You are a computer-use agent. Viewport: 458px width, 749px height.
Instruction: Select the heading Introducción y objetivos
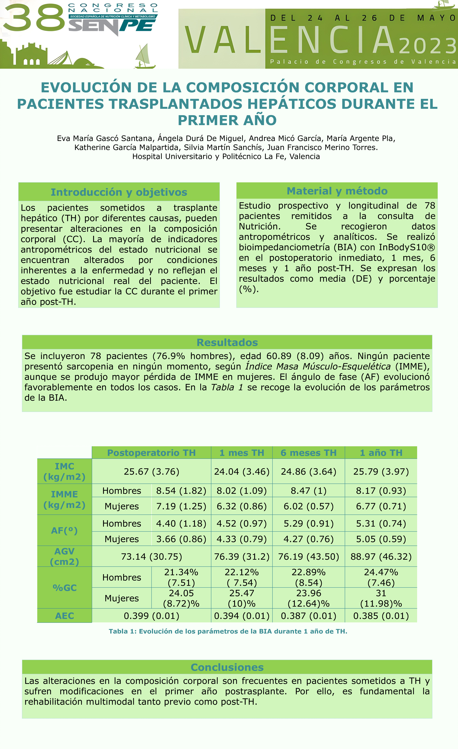tap(119, 192)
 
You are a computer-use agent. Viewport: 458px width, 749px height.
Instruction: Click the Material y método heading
tap(337, 191)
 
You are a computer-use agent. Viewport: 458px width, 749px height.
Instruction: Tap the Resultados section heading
tap(227, 342)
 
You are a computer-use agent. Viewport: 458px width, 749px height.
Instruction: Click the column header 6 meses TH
tap(309, 453)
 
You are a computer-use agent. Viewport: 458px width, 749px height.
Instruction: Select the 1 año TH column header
tap(381, 453)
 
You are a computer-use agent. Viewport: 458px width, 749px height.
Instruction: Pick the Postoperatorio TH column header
tap(151, 453)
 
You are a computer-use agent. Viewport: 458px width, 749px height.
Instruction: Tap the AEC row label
tap(64, 616)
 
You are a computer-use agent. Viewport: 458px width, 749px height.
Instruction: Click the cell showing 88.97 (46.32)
tap(381, 557)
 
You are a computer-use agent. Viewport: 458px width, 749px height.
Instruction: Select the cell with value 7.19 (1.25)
tap(181, 506)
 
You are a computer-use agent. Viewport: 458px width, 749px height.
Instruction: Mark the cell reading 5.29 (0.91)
tap(309, 523)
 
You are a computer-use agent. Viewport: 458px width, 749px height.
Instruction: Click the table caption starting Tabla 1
tap(228, 631)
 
